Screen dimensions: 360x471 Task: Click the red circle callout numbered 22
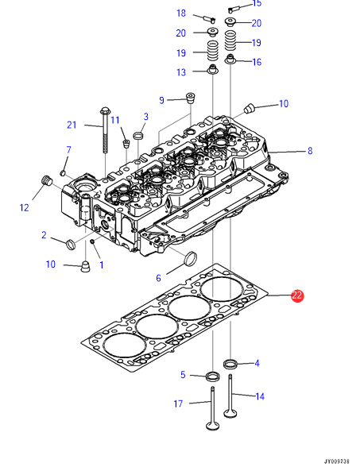[297, 295]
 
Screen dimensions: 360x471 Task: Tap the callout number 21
[72, 125]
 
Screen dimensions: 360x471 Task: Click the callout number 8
[310, 150]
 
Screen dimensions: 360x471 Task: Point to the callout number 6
[159, 278]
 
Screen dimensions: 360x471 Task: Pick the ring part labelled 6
[191, 259]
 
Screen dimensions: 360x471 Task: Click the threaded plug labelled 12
[46, 181]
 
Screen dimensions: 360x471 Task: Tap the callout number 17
[178, 403]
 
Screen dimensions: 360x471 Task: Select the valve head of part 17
[213, 426]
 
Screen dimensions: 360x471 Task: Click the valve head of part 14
[230, 413]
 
